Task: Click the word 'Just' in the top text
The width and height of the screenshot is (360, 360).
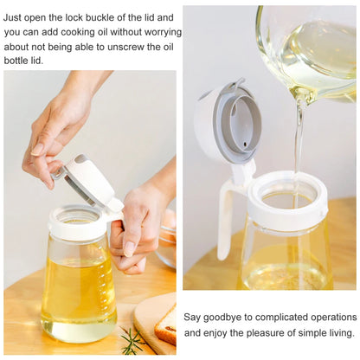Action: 16,17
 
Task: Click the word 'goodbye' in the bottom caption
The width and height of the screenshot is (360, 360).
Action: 227,318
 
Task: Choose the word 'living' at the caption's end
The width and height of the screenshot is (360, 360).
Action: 337,332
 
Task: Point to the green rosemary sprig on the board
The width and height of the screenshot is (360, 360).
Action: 132,340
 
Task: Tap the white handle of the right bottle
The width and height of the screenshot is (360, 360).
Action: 227,216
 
